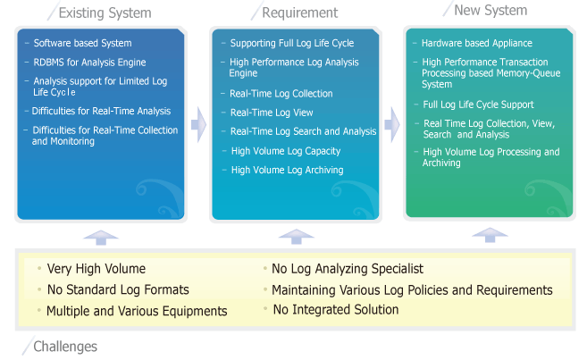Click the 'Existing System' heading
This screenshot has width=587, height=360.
click(105, 13)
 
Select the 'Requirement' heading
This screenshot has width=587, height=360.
click(300, 13)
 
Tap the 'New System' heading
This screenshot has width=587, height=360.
click(491, 11)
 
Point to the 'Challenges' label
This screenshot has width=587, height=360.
click(65, 347)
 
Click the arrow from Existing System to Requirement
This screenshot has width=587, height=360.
click(198, 125)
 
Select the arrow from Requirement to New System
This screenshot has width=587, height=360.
click(392, 125)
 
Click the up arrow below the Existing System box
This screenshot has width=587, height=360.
click(101, 238)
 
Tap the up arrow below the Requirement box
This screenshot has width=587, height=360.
click(296, 237)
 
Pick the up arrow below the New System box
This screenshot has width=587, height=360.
click(490, 235)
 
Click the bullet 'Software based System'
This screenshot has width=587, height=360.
click(83, 43)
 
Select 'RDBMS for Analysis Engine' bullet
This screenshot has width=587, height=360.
click(89, 63)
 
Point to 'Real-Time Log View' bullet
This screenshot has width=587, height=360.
click(272, 113)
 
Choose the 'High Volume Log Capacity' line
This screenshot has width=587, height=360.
click(286, 151)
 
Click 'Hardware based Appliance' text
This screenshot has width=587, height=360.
click(477, 43)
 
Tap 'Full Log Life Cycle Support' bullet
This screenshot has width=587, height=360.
click(478, 105)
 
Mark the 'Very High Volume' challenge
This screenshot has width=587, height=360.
click(96, 269)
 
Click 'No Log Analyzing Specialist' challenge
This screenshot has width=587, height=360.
click(348, 269)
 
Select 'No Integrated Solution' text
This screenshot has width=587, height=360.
click(336, 310)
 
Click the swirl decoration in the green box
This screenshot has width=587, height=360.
click(549, 198)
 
